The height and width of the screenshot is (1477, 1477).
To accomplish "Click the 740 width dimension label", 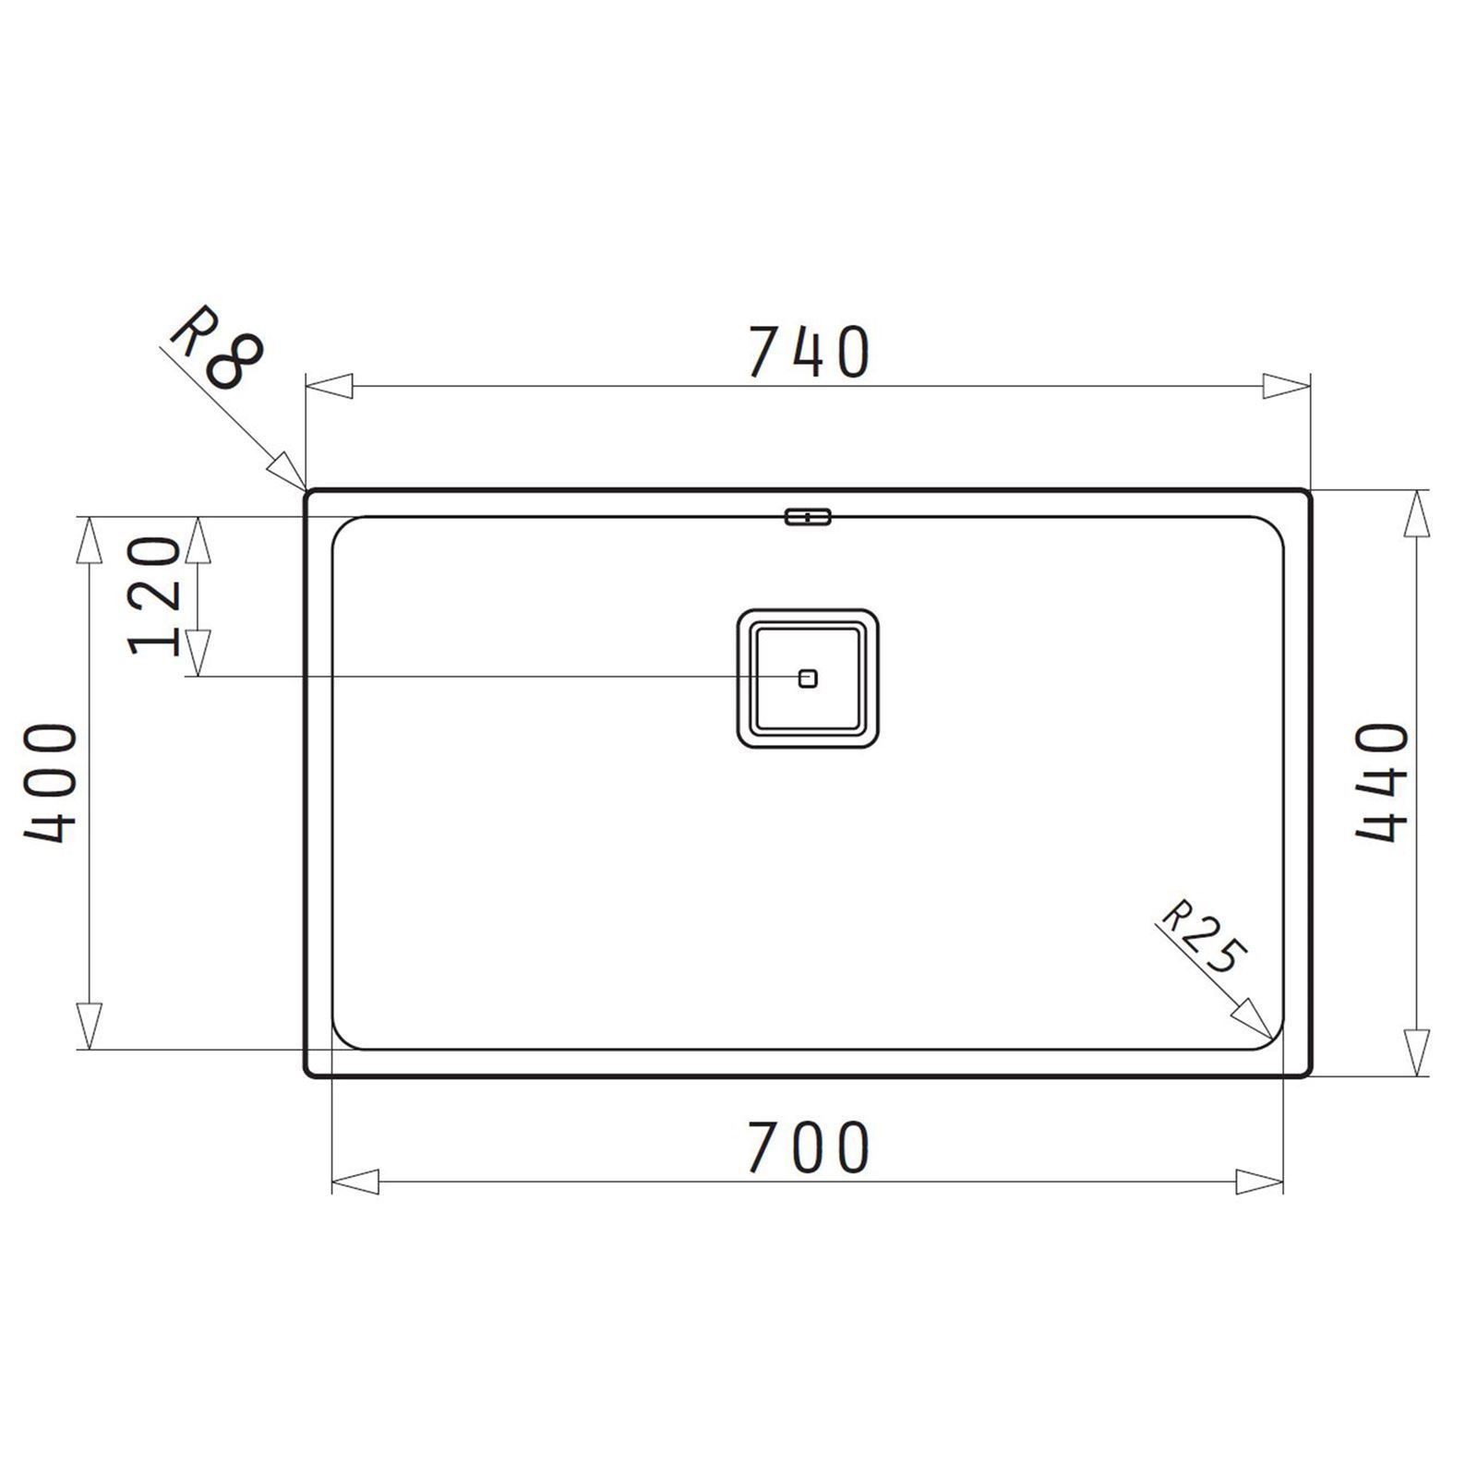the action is [x=809, y=352].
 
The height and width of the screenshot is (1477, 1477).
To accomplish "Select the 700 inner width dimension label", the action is [x=809, y=1147].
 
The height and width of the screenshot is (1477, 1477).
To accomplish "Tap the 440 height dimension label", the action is [x=1382, y=782].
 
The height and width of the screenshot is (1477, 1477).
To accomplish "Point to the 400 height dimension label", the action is [x=50, y=785].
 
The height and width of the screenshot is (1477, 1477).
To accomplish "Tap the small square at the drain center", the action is [x=808, y=678].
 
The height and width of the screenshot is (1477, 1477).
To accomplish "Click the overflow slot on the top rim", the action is [x=808, y=516].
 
